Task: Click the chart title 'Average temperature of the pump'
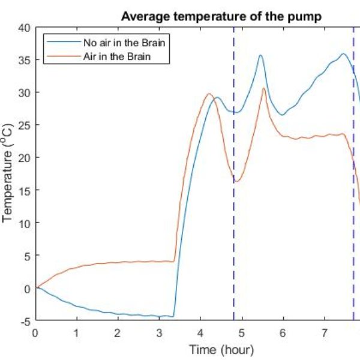pos(222,16)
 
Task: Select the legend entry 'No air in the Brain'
pos(124,43)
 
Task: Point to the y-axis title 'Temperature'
pos(8,174)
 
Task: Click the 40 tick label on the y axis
pos(24,28)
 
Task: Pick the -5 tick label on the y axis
pos(24,321)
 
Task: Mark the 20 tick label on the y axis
pos(24,158)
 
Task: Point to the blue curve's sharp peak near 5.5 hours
pos(260,55)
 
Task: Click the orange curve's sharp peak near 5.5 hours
pos(263,89)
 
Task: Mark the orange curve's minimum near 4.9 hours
pos(237,181)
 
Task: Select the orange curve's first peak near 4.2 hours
pos(209,94)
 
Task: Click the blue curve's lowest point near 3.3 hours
pos(172,316)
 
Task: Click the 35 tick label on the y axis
pos(24,60)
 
